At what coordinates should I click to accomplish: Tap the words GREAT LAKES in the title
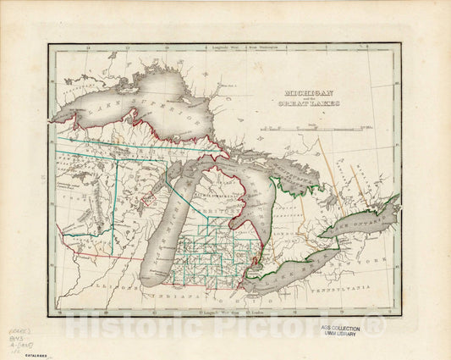coord(316,103)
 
